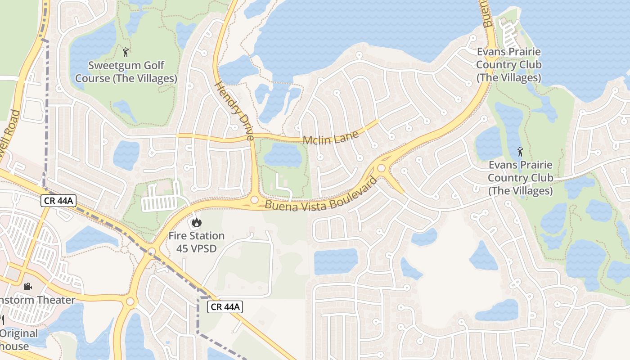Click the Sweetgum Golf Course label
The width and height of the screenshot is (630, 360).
126,72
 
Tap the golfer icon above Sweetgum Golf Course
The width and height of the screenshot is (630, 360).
126,52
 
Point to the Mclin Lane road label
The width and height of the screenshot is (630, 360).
331,137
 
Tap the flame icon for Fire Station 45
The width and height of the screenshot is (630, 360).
196,222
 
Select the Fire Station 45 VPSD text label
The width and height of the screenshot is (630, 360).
196,242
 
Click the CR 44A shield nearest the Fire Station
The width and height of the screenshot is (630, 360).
225,307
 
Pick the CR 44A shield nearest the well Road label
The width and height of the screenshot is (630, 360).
58,201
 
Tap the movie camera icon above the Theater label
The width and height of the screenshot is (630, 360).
27,286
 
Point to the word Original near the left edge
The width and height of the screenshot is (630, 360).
19,333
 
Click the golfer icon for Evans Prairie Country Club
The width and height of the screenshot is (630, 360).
520,152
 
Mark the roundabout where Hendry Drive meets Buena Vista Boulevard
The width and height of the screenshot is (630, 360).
255,199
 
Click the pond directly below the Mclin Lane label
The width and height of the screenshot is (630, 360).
283,156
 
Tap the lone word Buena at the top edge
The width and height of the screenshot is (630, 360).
488,13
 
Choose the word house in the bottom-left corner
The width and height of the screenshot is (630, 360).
14,346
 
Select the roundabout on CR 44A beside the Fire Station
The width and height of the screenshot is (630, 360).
152,251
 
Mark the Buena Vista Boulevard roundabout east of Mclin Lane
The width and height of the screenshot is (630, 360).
382,168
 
